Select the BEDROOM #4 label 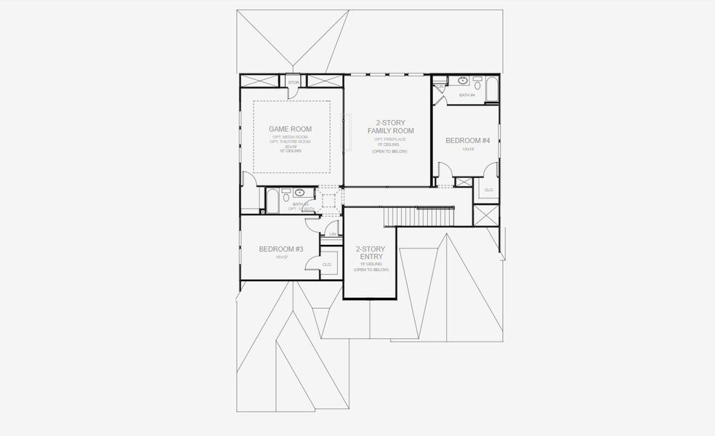click(467, 140)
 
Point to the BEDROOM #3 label click(280, 249)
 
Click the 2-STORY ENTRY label click(371, 253)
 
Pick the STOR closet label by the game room click(294, 83)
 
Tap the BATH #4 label click(466, 95)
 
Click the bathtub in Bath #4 click(491, 91)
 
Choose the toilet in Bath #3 click(286, 196)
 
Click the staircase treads click(419, 217)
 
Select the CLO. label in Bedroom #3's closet click(327, 265)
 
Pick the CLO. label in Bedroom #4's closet click(488, 190)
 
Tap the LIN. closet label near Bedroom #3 click(333, 234)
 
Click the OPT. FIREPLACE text click(389, 139)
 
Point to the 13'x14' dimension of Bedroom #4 click(467, 149)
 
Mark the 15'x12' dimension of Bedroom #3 click(280, 257)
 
